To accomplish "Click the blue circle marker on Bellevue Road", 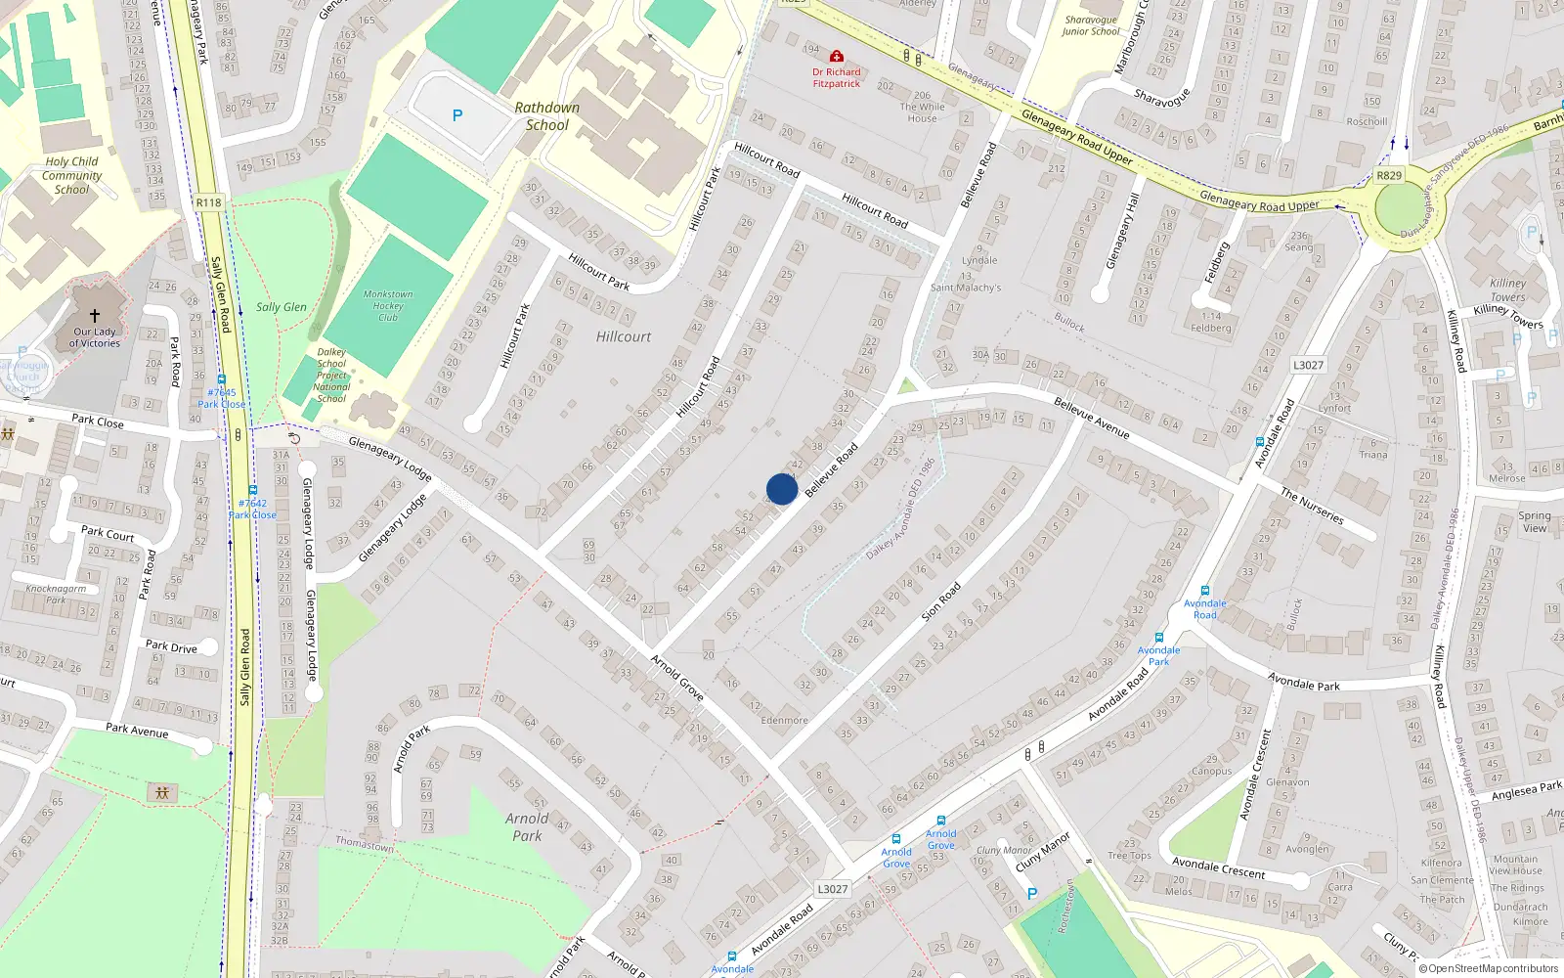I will (782, 489).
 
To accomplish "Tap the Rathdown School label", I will (546, 116).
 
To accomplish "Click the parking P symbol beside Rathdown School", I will (456, 115).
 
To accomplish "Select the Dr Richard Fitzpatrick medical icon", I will (837, 57).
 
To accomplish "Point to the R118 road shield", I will (208, 202).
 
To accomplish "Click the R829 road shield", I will (1388, 176).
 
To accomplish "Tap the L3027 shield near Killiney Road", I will (1308, 365).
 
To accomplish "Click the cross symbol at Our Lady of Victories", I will (95, 315).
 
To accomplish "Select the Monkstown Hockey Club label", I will (388, 305).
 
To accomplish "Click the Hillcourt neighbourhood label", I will (624, 336).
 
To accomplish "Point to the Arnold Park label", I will (527, 827).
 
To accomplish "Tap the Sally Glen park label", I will (282, 307).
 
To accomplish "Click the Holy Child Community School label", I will (71, 175).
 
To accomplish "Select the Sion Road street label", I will (941, 601).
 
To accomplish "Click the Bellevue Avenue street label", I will (1091, 418).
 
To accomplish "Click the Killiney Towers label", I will (1507, 290).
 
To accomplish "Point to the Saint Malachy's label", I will (966, 288).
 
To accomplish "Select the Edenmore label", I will (784, 720).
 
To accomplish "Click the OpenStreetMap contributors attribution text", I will (1488, 968).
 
